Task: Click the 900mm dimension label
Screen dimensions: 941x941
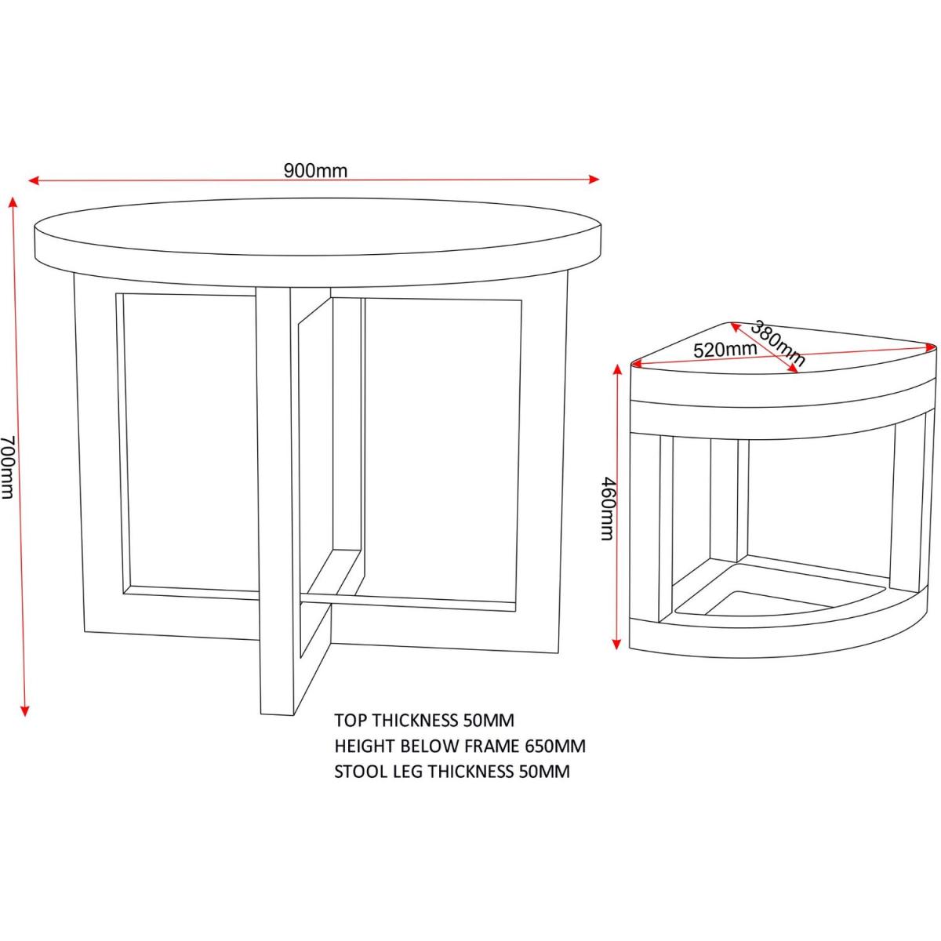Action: (x=315, y=170)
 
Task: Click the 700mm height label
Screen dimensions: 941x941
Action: (x=6, y=467)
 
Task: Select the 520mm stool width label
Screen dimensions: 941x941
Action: (x=725, y=350)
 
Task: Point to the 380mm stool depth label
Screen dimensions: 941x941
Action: (x=777, y=343)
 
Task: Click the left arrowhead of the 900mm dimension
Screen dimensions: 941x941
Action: (x=33, y=180)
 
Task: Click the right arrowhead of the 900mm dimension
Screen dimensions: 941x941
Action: (x=594, y=180)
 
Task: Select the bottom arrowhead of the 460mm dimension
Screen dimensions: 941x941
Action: (x=618, y=644)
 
